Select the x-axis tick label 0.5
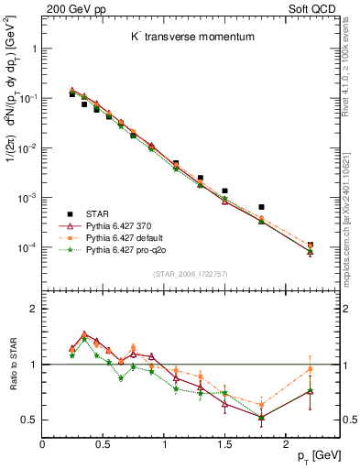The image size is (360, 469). (x=103, y=446)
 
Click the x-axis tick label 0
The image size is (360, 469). (x=42, y=446)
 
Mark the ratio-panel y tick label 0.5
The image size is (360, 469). (x=29, y=420)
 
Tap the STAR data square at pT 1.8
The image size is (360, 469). (x=261, y=207)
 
